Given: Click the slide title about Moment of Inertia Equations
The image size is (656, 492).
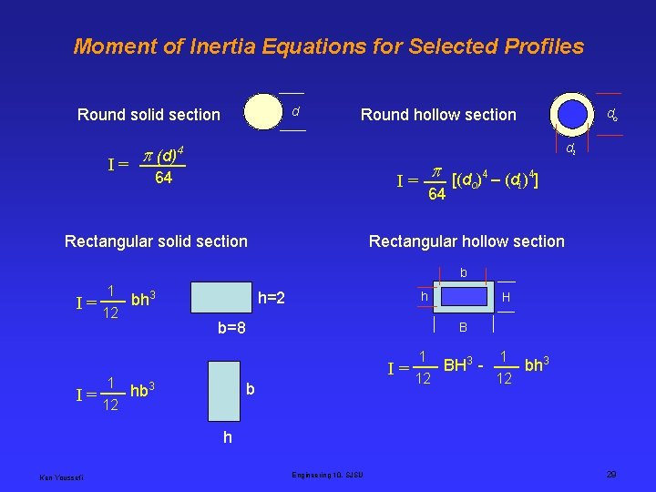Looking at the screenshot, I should point(328,46).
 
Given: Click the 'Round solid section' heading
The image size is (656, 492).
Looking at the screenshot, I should point(149,115).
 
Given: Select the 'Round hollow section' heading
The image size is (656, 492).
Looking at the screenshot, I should point(438,115).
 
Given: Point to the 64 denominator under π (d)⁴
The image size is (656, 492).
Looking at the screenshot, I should point(164,179).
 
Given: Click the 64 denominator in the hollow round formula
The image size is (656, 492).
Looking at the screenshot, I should point(436,194).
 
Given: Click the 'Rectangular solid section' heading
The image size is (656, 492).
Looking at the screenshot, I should point(156,241).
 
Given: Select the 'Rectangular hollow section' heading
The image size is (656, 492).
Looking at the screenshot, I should point(466,241).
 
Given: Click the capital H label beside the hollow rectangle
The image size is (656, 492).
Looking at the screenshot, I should point(506,298).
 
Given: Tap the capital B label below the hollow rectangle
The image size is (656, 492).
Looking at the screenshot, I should point(463,327).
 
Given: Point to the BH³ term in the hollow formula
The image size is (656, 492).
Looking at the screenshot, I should point(458,366).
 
